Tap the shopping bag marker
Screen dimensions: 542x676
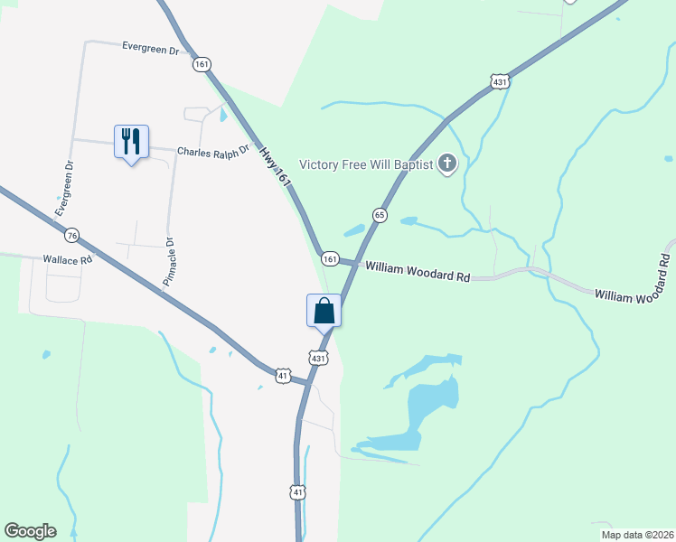click(324, 312)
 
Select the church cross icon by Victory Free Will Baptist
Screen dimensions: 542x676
click(446, 164)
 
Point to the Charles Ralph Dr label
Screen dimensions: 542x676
click(212, 153)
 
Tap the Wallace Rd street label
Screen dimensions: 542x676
click(68, 259)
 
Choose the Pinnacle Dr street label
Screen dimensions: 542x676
click(167, 261)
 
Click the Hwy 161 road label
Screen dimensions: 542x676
click(277, 168)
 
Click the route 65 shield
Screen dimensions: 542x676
click(380, 215)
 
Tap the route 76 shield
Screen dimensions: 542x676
click(71, 236)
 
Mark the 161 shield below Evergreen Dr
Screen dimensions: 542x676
click(201, 64)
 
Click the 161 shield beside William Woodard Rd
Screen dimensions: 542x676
click(330, 259)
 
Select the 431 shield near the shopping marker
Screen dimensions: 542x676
click(317, 358)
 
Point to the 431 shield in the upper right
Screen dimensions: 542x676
click(501, 82)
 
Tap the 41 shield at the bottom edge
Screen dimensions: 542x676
click(298, 491)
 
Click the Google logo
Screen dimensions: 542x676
click(30, 531)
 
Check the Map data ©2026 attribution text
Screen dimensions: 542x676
click(637, 535)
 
